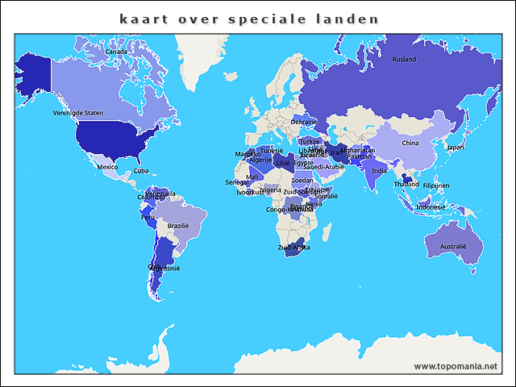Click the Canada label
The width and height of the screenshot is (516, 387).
click(x=116, y=52)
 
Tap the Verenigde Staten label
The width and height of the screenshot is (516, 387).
click(x=78, y=114)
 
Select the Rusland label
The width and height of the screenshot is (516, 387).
click(x=404, y=60)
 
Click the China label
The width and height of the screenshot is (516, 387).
click(x=410, y=144)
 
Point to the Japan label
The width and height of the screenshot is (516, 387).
click(x=456, y=148)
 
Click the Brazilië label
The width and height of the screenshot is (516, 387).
click(x=177, y=227)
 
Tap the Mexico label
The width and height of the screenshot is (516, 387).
click(x=107, y=167)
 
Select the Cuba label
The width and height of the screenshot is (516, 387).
click(x=141, y=171)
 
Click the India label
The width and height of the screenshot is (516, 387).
click(x=379, y=171)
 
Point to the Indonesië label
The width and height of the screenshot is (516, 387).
click(x=431, y=207)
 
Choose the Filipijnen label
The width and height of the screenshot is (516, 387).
click(x=436, y=185)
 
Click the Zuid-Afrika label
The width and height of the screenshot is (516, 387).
click(x=293, y=248)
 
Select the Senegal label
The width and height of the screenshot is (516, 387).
click(x=237, y=183)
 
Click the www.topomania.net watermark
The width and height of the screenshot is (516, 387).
click(x=456, y=366)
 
